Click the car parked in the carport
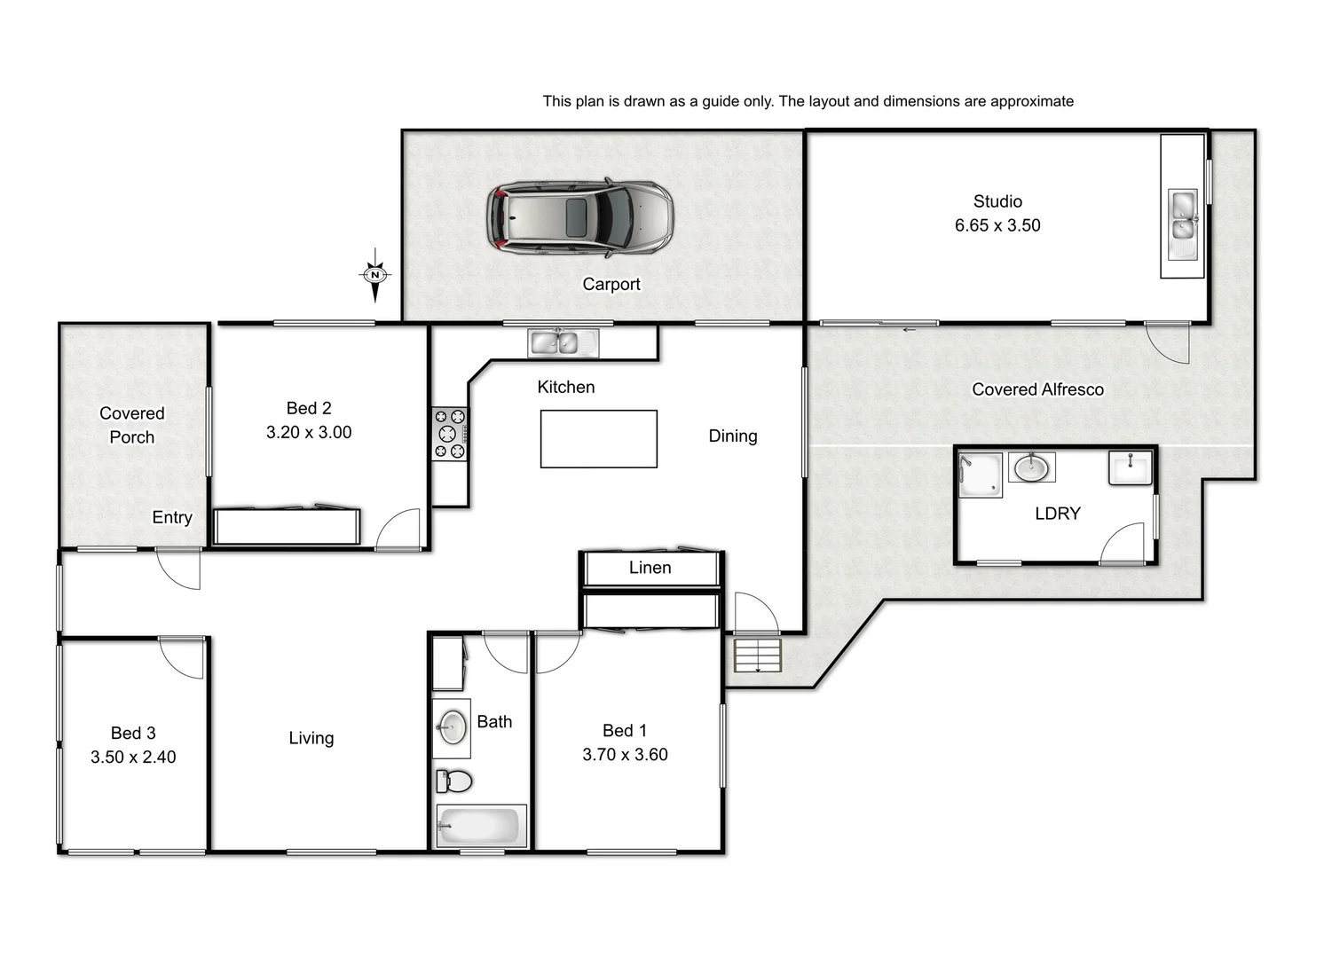click(579, 218)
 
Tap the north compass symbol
click(375, 275)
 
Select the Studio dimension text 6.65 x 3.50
click(997, 225)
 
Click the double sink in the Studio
click(1182, 225)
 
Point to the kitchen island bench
click(598, 438)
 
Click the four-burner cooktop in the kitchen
click(449, 434)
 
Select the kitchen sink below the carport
click(563, 342)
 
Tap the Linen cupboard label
click(650, 568)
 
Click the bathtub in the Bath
click(479, 827)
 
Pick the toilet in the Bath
click(454, 781)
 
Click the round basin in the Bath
click(452, 728)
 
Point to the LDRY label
click(1057, 514)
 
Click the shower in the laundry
click(981, 475)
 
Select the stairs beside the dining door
click(757, 656)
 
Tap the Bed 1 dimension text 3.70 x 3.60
click(625, 755)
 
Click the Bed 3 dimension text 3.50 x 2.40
click(133, 758)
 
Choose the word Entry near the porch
click(171, 517)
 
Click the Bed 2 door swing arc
click(398, 530)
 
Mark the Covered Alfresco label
click(1037, 389)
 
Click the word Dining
click(732, 436)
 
